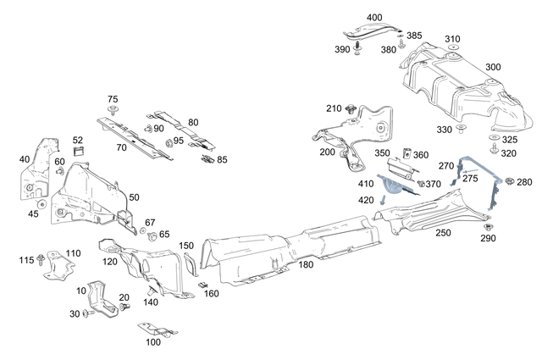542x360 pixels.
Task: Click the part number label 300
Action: (493, 67)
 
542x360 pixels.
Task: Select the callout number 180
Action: (306, 265)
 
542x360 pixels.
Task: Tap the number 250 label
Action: (442, 232)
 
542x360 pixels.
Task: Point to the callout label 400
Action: (374, 18)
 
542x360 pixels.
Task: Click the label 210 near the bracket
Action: (334, 108)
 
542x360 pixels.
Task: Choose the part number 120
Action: (110, 262)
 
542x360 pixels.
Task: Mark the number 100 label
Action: (152, 342)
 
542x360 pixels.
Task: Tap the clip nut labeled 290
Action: (489, 227)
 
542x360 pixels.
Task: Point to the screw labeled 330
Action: (462, 128)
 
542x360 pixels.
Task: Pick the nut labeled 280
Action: (510, 183)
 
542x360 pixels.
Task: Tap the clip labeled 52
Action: (80, 152)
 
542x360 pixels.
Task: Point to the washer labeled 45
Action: (40, 203)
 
